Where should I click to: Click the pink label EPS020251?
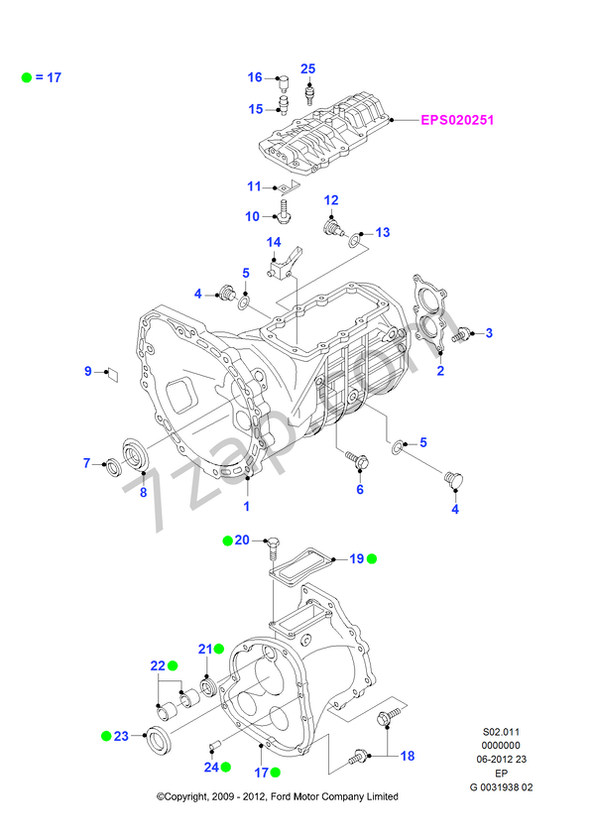tap(457, 120)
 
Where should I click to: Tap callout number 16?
tap(255, 77)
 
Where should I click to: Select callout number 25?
tap(307, 68)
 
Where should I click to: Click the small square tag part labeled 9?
tap(111, 374)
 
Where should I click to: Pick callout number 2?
tap(440, 371)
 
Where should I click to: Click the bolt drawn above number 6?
tap(357, 460)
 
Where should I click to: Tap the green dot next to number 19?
tap(372, 559)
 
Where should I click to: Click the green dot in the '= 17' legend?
tap(27, 76)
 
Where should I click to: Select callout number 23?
tap(121, 736)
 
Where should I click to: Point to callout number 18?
tap(407, 756)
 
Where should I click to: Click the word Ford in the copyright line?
tap(279, 796)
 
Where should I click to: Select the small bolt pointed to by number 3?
tap(459, 336)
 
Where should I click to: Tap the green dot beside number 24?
tap(227, 767)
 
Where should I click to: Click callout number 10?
tap(252, 216)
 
